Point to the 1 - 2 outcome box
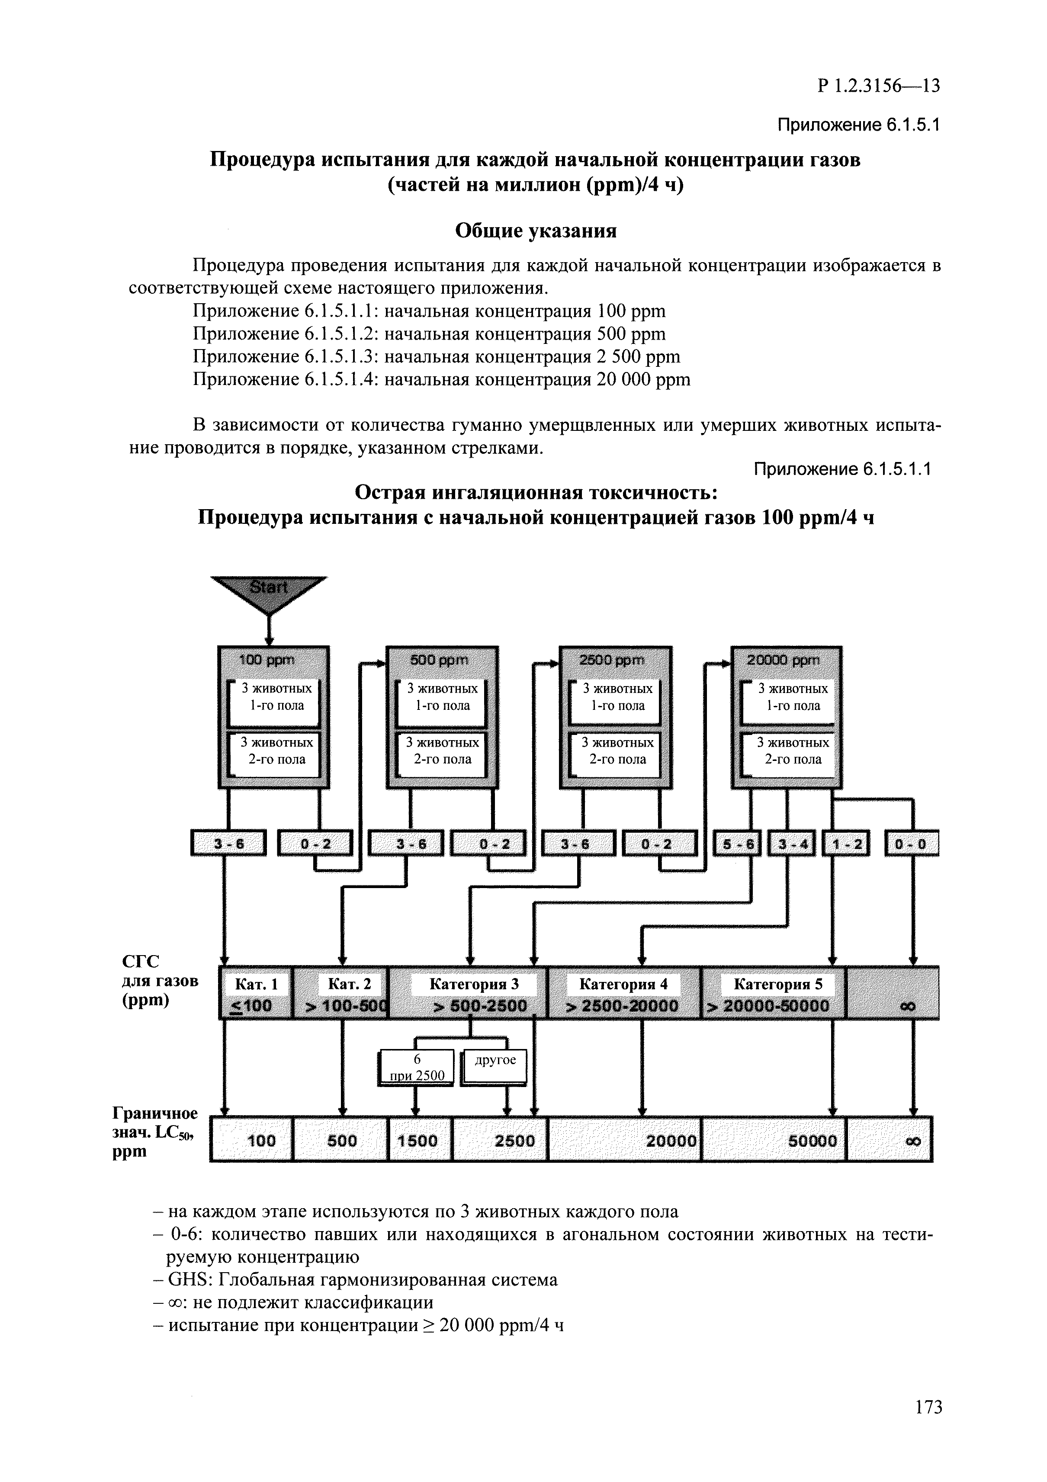[x=846, y=844]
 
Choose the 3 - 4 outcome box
[x=791, y=844]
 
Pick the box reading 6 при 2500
[x=417, y=1067]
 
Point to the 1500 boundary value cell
[x=418, y=1141]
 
